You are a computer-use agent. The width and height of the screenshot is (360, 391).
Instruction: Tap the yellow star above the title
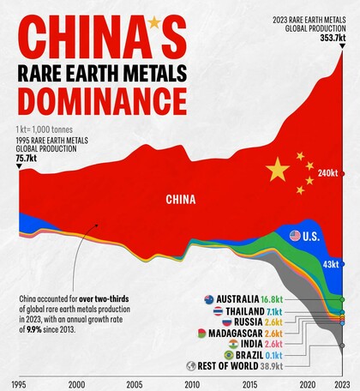[153, 21]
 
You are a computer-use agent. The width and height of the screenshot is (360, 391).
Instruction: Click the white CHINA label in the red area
[181, 200]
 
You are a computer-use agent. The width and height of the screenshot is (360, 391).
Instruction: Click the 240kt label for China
[328, 173]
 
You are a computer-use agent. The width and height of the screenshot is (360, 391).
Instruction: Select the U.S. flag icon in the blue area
[296, 236]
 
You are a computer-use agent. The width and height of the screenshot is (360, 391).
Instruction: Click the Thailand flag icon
[219, 310]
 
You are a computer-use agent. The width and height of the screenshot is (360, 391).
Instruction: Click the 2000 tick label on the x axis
[76, 383]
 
